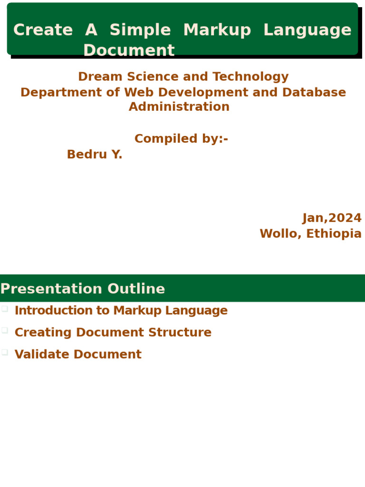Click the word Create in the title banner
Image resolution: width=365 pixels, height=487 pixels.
click(x=43, y=30)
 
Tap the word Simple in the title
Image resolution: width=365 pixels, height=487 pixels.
click(x=140, y=30)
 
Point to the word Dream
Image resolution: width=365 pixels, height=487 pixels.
click(x=100, y=77)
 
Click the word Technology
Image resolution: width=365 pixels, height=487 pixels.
click(x=250, y=77)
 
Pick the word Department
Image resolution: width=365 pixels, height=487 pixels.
click(x=61, y=93)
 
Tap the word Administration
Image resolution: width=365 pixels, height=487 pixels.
click(x=179, y=107)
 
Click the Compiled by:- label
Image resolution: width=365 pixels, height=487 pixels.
click(x=181, y=139)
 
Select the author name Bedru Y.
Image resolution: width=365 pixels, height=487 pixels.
click(x=95, y=155)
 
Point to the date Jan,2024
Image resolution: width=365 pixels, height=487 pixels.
click(x=332, y=218)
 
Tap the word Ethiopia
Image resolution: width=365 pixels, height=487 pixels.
click(x=334, y=234)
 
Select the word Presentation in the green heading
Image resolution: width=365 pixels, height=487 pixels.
click(x=51, y=289)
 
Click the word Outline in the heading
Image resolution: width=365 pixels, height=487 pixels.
click(x=136, y=289)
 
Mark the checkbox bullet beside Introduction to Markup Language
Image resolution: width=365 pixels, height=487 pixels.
click(x=5, y=309)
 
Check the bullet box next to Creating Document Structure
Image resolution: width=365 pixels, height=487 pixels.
click(x=5, y=330)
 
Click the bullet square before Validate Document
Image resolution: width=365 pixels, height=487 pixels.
click(x=5, y=352)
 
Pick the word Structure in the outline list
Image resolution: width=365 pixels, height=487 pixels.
click(x=180, y=332)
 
